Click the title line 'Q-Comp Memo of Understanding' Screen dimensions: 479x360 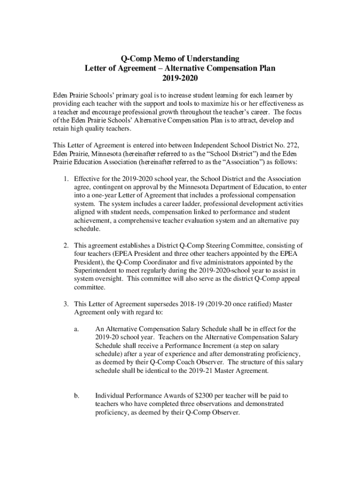(180, 58)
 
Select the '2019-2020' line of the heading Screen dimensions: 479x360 (180, 78)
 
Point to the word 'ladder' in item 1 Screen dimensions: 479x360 (187, 204)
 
